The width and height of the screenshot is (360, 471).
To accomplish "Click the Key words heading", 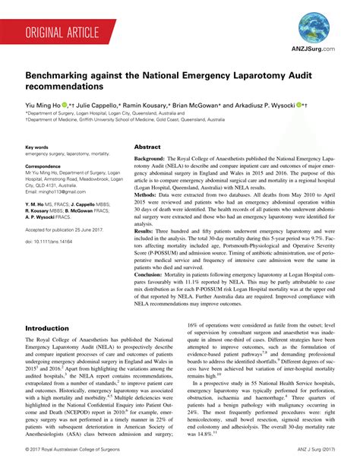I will (x=37, y=147).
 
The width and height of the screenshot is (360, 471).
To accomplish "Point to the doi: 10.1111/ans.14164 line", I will (x=53, y=241).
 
